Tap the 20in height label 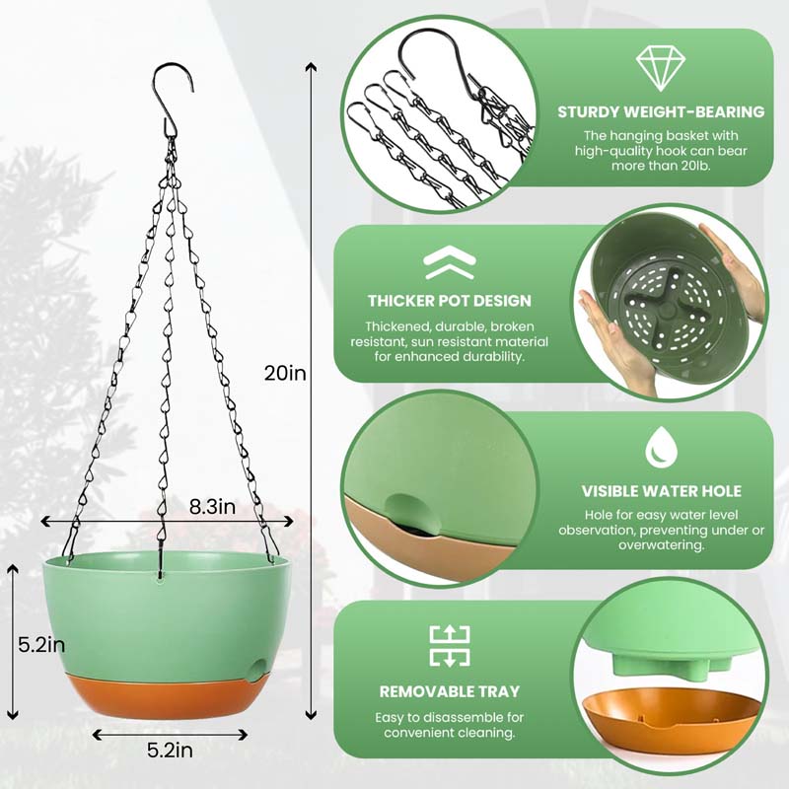(285, 373)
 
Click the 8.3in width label (212, 507)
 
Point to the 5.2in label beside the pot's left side (41, 645)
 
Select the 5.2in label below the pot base (169, 751)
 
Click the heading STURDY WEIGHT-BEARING (660, 111)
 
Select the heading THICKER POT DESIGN (449, 301)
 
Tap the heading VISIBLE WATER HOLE (660, 491)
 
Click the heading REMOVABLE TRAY (449, 692)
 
